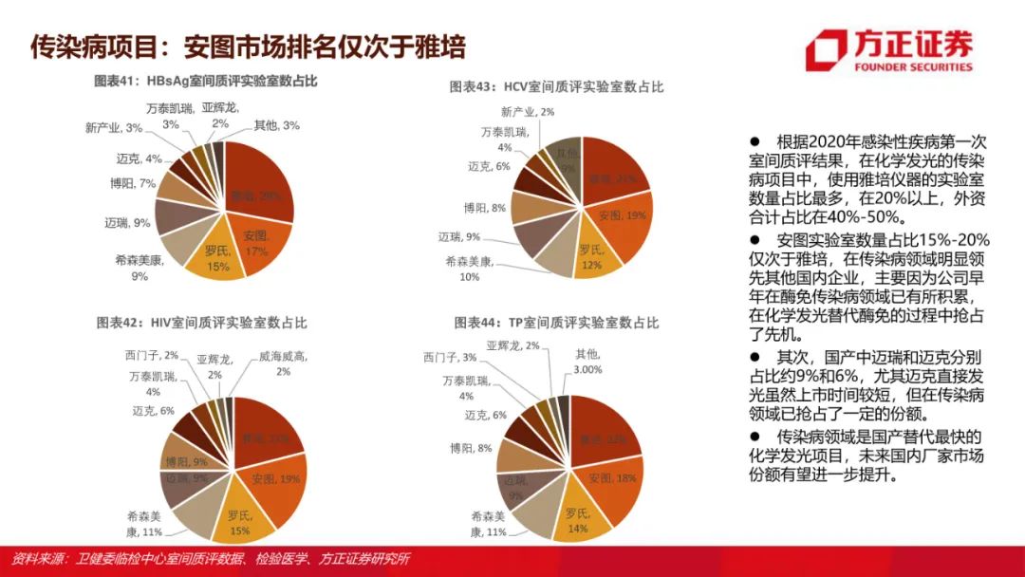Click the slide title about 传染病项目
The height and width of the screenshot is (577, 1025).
(x=248, y=46)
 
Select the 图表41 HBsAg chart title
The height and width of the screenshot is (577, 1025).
(x=205, y=82)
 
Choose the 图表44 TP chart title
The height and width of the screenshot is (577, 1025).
(x=559, y=323)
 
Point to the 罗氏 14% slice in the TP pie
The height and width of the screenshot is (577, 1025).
(x=577, y=519)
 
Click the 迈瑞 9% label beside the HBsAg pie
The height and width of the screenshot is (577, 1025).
(x=127, y=223)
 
